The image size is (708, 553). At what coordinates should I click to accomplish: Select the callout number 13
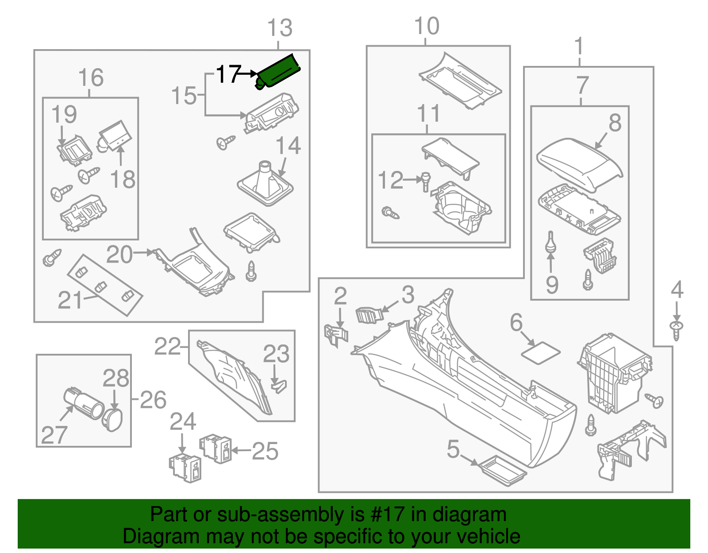pyautogui.click(x=280, y=28)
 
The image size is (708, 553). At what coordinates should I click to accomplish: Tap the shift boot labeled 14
pyautogui.click(x=265, y=184)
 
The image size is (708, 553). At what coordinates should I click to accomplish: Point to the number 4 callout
pyautogui.click(x=677, y=290)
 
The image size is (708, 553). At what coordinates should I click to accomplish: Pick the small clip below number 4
pyautogui.click(x=676, y=330)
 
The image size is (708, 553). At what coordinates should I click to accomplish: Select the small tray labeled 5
pyautogui.click(x=503, y=470)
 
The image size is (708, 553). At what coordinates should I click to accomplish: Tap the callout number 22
pyautogui.click(x=167, y=347)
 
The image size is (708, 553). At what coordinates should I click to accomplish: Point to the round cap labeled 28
pyautogui.click(x=112, y=419)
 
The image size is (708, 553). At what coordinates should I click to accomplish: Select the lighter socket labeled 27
pyautogui.click(x=84, y=403)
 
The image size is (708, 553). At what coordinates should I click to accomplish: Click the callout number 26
pyautogui.click(x=153, y=400)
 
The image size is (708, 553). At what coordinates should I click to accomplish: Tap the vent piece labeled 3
pyautogui.click(x=368, y=315)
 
